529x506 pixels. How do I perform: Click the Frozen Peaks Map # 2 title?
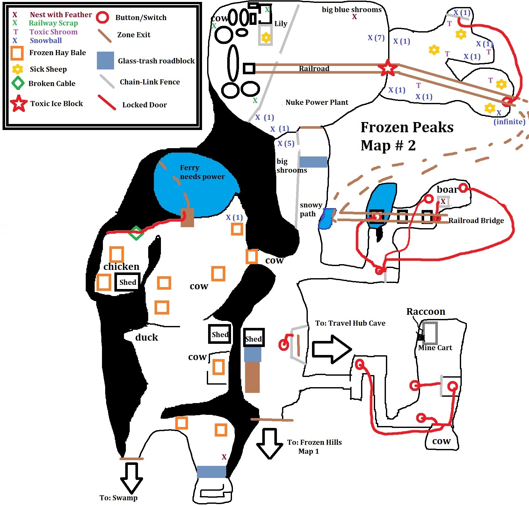point(407,136)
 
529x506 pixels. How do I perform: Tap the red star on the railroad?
point(388,68)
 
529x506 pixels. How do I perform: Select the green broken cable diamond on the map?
point(136,233)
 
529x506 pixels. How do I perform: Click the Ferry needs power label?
point(202,172)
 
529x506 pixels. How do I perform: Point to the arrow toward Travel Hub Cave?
point(332,349)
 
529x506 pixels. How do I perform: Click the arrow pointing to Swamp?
point(131,478)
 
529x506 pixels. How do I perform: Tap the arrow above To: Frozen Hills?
point(270,443)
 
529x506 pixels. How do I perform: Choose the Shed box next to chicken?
point(127,282)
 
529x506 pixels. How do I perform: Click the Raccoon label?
point(426,311)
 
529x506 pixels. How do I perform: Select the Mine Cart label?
point(435,348)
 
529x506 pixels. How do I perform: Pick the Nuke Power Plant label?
point(317,102)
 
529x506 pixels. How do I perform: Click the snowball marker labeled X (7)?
point(376,38)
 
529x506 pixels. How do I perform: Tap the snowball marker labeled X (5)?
point(286,143)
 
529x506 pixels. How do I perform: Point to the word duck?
point(147,337)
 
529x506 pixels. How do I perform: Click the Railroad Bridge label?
point(476,220)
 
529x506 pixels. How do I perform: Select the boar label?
point(447,190)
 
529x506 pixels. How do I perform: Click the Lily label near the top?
point(281,24)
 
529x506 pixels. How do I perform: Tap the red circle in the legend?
point(103,18)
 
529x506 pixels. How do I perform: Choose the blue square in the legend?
point(105,61)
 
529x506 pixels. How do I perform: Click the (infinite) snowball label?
point(509,122)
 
